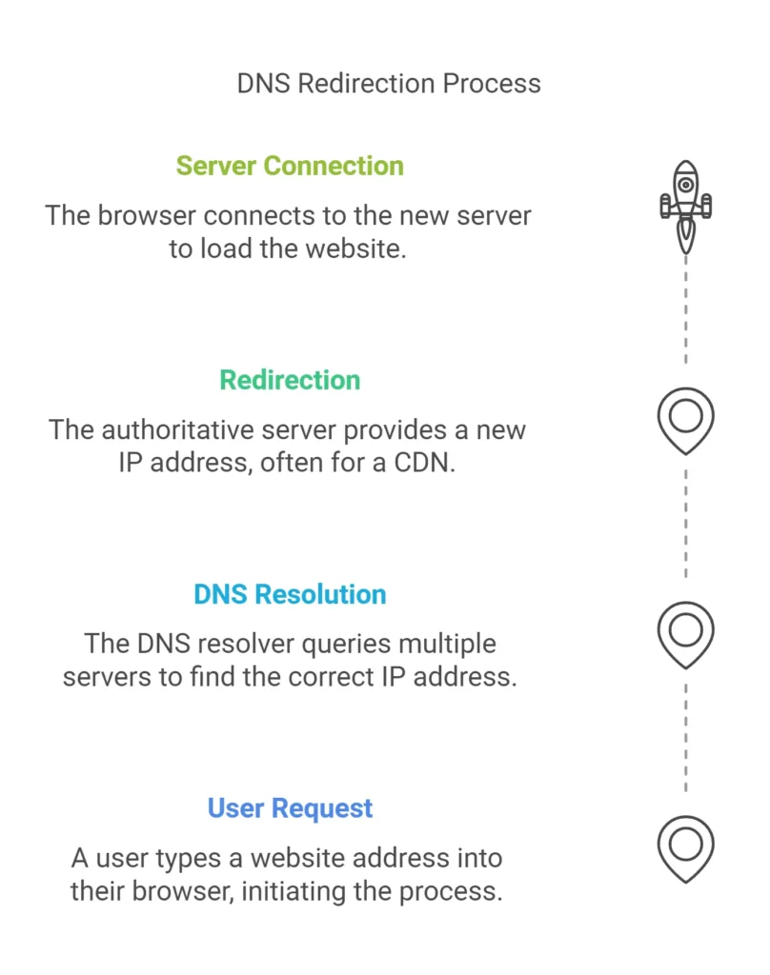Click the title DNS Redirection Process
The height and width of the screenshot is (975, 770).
(x=389, y=83)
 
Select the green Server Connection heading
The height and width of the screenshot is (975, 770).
(x=290, y=166)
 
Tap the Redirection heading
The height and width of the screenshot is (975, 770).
(x=290, y=380)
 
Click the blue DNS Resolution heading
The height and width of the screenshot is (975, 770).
(x=290, y=594)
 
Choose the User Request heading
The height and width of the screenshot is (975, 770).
(x=290, y=808)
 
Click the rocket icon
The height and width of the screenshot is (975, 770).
(x=685, y=205)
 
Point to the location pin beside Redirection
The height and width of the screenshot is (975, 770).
(x=685, y=419)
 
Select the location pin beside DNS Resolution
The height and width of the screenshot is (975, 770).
(x=685, y=633)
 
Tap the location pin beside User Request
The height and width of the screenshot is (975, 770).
(x=685, y=846)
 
